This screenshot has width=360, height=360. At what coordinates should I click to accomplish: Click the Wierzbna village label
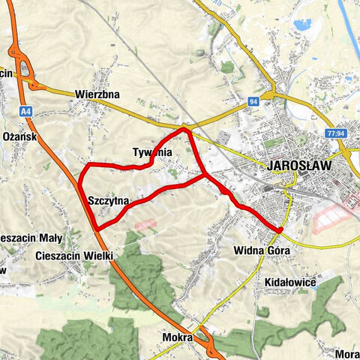click(x=97, y=95)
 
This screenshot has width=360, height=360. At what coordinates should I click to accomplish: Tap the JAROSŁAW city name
click(x=299, y=166)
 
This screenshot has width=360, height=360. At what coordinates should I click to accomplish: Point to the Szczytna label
click(x=109, y=201)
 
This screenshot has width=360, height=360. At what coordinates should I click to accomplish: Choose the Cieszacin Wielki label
click(x=74, y=256)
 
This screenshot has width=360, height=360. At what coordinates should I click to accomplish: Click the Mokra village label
click(x=177, y=337)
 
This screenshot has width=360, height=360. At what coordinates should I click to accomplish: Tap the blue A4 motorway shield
click(x=26, y=110)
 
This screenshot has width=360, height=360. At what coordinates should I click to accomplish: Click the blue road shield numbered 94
click(x=255, y=100)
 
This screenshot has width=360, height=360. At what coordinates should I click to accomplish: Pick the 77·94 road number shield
click(x=337, y=133)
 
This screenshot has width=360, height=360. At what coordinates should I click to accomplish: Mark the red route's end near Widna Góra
click(x=279, y=229)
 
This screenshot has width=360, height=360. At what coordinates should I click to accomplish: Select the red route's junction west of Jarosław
click(x=205, y=175)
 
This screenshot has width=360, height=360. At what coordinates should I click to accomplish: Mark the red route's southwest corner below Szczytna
click(x=95, y=228)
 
